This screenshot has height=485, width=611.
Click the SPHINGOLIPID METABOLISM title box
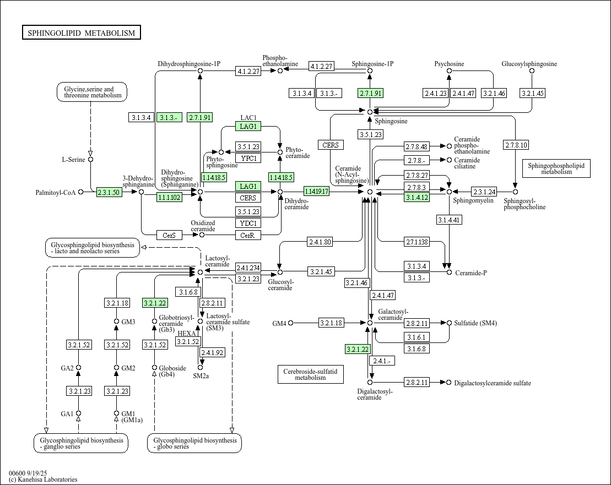(x=82, y=33)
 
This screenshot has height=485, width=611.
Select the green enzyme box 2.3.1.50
(x=109, y=192)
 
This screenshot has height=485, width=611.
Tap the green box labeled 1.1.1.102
(x=169, y=198)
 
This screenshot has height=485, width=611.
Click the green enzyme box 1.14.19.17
(x=316, y=192)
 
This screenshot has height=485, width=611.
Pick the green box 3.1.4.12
(x=417, y=198)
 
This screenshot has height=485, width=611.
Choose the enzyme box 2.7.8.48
(x=417, y=146)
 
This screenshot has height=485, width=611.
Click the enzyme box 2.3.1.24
(x=484, y=192)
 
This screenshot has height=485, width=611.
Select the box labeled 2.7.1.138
(x=417, y=242)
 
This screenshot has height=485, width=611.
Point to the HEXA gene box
(x=188, y=334)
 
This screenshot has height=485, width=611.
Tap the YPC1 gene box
(x=248, y=159)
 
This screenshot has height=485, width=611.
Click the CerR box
(x=248, y=235)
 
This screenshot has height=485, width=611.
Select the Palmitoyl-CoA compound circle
(x=81, y=192)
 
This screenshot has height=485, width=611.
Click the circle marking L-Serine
(x=91, y=160)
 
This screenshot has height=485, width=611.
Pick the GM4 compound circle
(x=291, y=323)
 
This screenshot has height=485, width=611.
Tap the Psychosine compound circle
(x=449, y=71)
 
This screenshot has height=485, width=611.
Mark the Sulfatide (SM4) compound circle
(x=449, y=323)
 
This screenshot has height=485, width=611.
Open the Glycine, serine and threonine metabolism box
(x=92, y=92)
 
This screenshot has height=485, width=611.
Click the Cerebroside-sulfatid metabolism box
(x=310, y=374)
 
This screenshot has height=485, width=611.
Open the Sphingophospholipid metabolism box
(x=556, y=168)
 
